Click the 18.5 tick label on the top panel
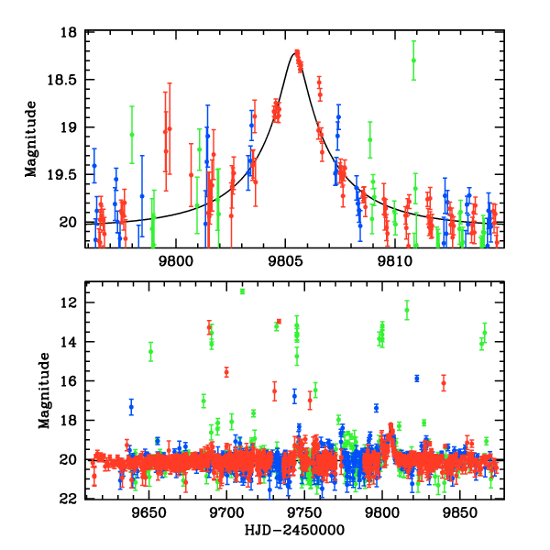pyautogui.click(x=67, y=80)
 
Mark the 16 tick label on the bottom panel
pyautogui.click(x=72, y=381)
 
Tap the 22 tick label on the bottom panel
pyautogui.click(x=72, y=499)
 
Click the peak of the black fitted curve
pyautogui.click(x=295, y=53)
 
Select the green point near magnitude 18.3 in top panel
pyautogui.click(x=413, y=60)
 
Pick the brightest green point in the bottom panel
pyautogui.click(x=242, y=291)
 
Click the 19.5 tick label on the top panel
pyautogui.click(x=67, y=174)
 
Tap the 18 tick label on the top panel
pyautogui.click(x=72, y=32)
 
